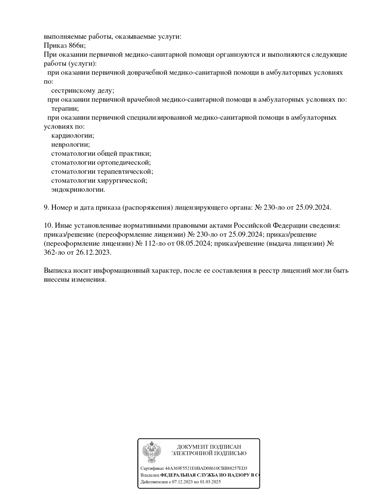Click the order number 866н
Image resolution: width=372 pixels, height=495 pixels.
click(77, 46)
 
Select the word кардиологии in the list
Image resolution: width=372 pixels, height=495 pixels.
click(73, 136)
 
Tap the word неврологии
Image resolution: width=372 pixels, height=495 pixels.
click(70, 145)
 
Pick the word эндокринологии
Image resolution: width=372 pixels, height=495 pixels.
click(78, 190)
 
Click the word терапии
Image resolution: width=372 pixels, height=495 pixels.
click(65, 109)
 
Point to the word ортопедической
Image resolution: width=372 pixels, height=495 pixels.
click(124, 163)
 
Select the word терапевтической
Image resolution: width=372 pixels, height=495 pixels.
click(125, 172)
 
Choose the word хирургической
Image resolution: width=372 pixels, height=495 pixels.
click(122, 181)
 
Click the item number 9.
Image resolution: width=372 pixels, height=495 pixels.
click(46, 208)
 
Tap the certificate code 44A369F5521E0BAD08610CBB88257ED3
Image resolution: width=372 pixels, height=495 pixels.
click(206, 469)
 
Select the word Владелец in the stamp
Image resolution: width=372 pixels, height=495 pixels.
click(150, 475)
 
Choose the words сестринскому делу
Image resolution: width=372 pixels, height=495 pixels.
click(82, 91)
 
